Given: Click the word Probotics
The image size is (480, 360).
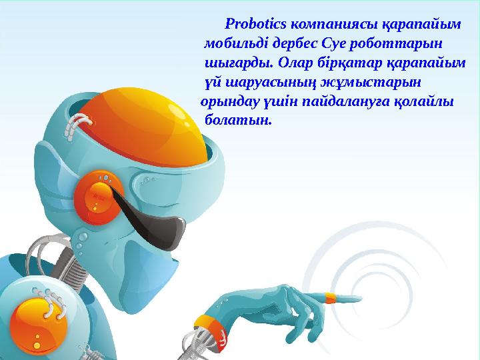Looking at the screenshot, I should coord(255,25).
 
